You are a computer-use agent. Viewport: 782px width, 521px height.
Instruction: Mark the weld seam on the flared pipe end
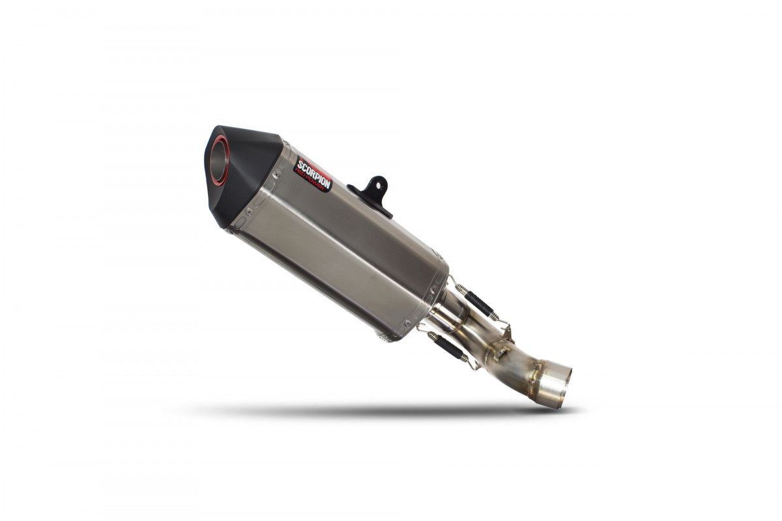click(536, 374)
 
